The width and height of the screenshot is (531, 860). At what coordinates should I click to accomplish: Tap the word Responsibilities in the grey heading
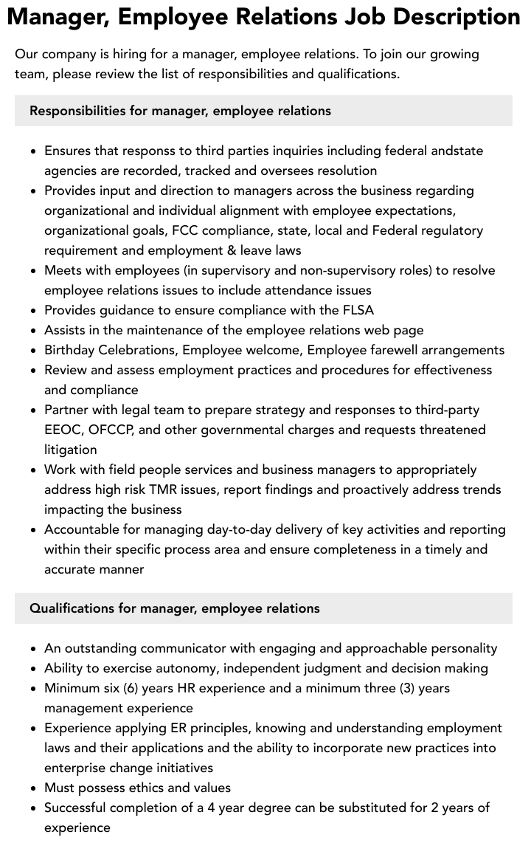click(77, 111)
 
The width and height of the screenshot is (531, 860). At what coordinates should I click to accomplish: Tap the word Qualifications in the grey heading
click(72, 608)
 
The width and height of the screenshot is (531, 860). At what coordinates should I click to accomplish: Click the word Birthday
click(72, 350)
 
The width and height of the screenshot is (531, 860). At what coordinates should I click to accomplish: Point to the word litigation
click(71, 450)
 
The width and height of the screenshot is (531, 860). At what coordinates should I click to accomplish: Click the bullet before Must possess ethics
click(34, 788)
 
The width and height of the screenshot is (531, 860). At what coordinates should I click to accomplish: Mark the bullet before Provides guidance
click(34, 311)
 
